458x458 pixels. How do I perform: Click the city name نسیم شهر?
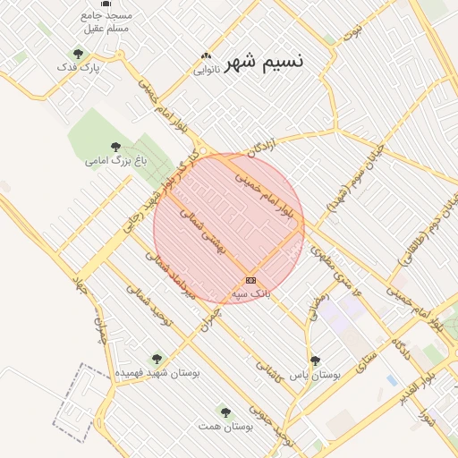coord(264,61)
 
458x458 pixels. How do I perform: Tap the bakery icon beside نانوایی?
coord(207,55)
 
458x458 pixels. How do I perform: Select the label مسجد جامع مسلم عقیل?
coord(106,21)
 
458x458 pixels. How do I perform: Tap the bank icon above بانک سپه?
coord(250,280)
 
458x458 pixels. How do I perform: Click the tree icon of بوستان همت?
coord(224,413)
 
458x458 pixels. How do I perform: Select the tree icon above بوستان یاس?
coord(314,360)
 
